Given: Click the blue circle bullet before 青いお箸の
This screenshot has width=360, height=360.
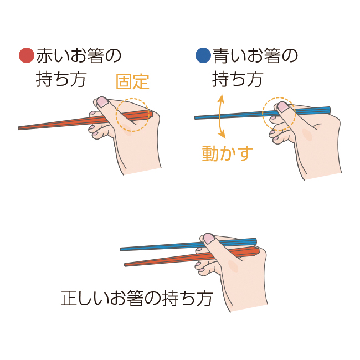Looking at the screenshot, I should click(203, 56).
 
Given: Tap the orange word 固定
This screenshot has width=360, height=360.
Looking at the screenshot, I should click(132, 81).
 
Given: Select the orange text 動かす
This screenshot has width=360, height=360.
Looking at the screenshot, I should click(227, 153).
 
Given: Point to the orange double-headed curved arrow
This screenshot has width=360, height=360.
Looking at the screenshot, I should click(221, 116).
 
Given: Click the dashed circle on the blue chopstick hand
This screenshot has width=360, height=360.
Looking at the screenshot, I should click(279, 114).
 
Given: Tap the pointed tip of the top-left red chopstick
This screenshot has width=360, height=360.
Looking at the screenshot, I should click(20, 128).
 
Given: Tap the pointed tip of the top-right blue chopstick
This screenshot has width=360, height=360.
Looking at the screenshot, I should click(197, 117).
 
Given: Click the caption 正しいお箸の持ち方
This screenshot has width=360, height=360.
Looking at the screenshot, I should click(136, 299).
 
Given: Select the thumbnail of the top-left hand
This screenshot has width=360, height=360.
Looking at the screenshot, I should click(102, 102).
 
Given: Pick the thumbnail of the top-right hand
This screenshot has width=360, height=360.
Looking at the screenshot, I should click(282, 106).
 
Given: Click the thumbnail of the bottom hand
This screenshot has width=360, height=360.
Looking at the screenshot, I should click(209, 238).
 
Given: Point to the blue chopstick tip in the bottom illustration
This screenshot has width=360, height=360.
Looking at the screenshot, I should click(122, 249).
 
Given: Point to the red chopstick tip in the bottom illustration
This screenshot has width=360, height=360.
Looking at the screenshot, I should click(126, 265).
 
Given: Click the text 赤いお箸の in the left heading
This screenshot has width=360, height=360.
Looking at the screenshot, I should click(78, 56).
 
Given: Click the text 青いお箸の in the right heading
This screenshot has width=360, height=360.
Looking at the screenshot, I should click(255, 56).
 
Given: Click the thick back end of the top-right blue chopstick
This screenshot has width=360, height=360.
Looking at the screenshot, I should click(329, 109).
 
